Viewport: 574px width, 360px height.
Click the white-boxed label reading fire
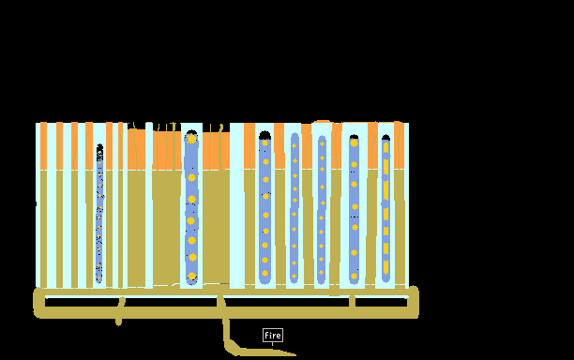coord(273,335)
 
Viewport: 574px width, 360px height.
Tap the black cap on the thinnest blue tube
coord(99,146)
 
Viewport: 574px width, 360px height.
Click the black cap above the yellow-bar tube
coord(385,138)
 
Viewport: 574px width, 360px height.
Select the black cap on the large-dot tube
coord(191,132)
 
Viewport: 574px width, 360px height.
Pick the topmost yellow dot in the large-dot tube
coord(191,139)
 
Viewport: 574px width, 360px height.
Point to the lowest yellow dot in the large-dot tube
coord(191,276)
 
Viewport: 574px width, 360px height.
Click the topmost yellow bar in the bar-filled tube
coord(385,147)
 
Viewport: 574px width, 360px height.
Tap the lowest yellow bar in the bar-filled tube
coord(385,267)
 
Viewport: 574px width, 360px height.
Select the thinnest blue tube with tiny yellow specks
coord(99,214)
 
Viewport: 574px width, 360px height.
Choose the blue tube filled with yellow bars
coord(385,209)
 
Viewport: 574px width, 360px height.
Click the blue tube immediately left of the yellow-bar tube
coord(354,209)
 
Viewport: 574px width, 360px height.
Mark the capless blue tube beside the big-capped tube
coord(295,208)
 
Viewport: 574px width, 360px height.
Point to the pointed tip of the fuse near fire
coord(295,354)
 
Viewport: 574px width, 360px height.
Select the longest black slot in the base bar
coord(285,302)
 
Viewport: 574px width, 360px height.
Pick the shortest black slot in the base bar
coord(381,302)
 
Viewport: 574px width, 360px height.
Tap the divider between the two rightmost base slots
coord(352,302)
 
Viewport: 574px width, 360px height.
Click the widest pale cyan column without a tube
coord(237,205)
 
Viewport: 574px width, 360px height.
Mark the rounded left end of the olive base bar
coord(37,303)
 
